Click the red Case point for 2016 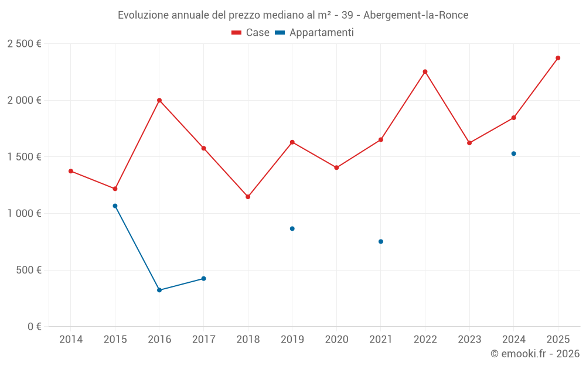pos(159,100)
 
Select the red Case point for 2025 pos(558,58)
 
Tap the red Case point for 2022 pos(425,72)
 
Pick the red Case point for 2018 pos(248,197)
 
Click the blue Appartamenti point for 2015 pos(115,206)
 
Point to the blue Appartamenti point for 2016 pos(159,290)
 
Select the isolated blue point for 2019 pos(292,228)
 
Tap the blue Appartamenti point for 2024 pos(514,153)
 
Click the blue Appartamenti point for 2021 pos(381,241)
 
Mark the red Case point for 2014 pos(71,171)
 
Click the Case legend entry pos(251,33)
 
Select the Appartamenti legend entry pos(315,33)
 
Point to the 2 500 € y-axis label pos(24,44)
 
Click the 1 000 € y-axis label pos(24,214)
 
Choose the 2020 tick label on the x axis pos(336,340)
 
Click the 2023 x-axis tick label pos(469,340)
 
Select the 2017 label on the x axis pos(203,340)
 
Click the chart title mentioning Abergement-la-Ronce pos(293,15)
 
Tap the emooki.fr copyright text pos(534,354)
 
